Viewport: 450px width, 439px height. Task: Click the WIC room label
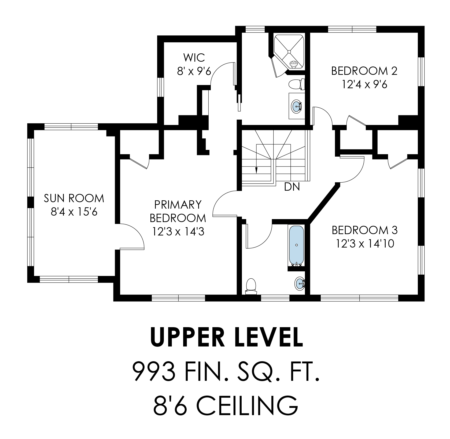(194, 57)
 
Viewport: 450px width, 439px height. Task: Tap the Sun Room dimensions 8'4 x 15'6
(74, 212)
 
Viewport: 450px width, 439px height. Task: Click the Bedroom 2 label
(364, 71)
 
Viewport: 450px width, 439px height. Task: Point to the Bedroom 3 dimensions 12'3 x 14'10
(365, 244)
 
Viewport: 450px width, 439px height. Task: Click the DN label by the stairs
(292, 187)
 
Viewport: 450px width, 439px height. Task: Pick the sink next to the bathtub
(300, 283)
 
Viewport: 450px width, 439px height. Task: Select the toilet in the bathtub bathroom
(251, 286)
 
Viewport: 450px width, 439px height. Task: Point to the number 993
(154, 372)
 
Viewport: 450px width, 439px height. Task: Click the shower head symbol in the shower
(294, 63)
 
